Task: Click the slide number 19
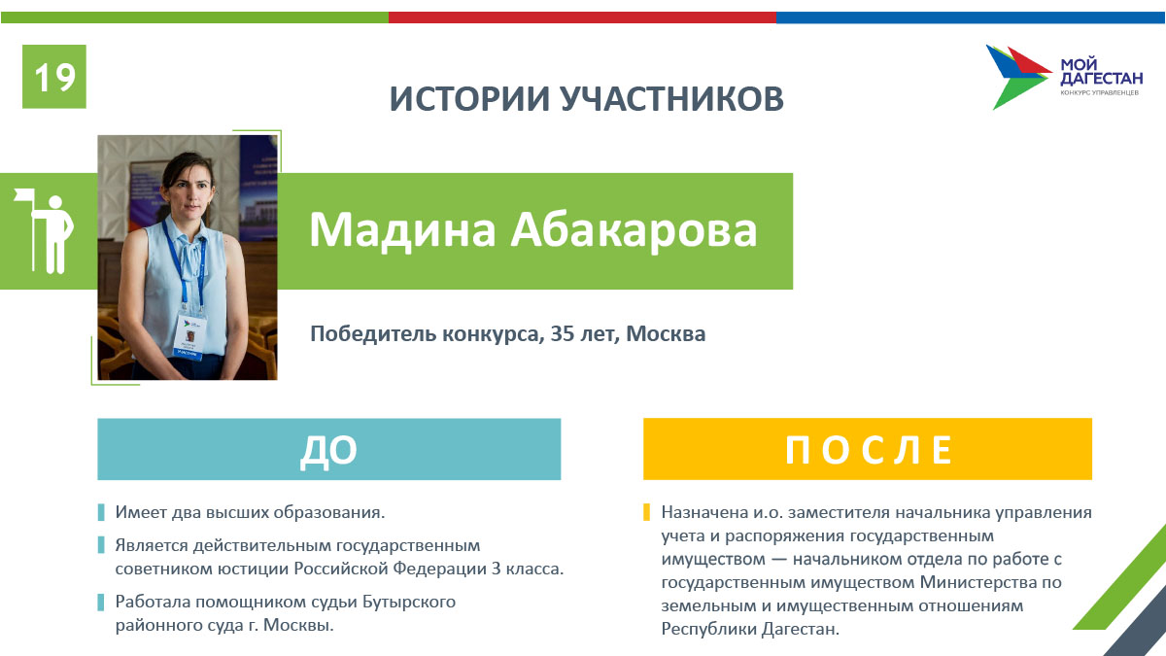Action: tap(54, 78)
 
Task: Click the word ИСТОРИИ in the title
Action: tap(469, 98)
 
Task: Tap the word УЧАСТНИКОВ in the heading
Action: tap(672, 98)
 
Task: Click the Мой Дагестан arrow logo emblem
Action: tap(1018, 77)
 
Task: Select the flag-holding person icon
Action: tap(45, 231)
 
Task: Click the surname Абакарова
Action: tap(634, 229)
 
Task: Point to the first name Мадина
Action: tap(402, 230)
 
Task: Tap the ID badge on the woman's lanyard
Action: tap(189, 335)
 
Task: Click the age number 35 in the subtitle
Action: tap(562, 333)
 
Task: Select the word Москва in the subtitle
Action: tap(666, 333)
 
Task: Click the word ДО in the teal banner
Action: tap(329, 450)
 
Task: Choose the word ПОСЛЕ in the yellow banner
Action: tap(869, 450)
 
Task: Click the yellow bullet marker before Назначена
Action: tap(646, 512)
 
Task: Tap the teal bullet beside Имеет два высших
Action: tap(101, 512)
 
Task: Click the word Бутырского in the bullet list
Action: tap(409, 602)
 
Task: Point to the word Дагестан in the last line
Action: tap(801, 629)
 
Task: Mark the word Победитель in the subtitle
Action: tap(373, 333)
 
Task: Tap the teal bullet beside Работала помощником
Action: tap(101, 602)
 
